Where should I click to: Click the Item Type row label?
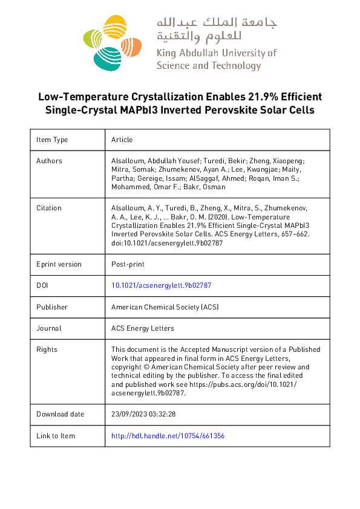pyautogui.click(x=52, y=140)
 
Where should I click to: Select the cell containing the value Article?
pyautogui.click(x=122, y=140)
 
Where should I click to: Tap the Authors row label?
pyautogui.click(x=49, y=161)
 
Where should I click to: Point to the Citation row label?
pyautogui.click(x=49, y=207)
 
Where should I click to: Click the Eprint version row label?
pyautogui.click(x=59, y=264)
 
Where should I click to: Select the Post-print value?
pyautogui.click(x=128, y=264)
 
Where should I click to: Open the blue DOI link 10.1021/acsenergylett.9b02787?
pyautogui.click(x=161, y=285)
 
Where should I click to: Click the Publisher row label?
pyautogui.click(x=52, y=307)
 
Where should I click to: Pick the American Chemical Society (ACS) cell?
pyautogui.click(x=165, y=307)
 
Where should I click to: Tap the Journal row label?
pyautogui.click(x=48, y=328)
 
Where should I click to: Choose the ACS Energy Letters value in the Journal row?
pyautogui.click(x=142, y=328)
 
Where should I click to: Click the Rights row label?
pyautogui.click(x=47, y=349)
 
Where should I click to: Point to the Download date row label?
pyautogui.click(x=61, y=414)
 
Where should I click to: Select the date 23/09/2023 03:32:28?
pyautogui.click(x=143, y=414)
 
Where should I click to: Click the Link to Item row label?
pyautogui.click(x=56, y=436)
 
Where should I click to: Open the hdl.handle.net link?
pyautogui.click(x=168, y=436)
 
